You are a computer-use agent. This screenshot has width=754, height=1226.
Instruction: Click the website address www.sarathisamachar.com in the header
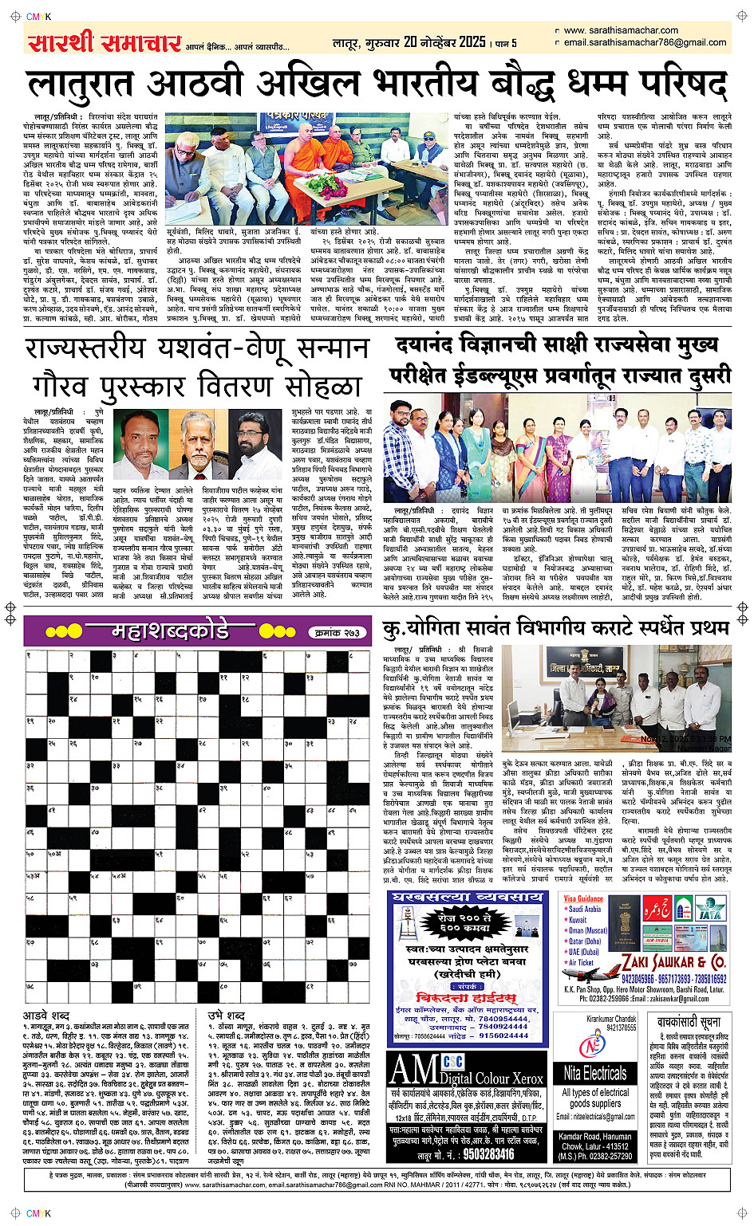[x=621, y=30]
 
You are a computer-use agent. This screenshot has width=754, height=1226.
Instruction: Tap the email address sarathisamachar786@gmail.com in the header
[x=645, y=42]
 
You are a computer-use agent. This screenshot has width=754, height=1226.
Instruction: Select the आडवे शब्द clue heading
[x=46, y=1016]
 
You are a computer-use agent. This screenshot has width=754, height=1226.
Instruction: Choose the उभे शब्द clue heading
[x=227, y=1016]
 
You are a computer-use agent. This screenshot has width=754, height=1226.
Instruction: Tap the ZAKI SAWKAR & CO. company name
[x=674, y=962]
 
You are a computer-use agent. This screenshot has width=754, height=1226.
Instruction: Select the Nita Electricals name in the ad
[x=595, y=1073]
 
